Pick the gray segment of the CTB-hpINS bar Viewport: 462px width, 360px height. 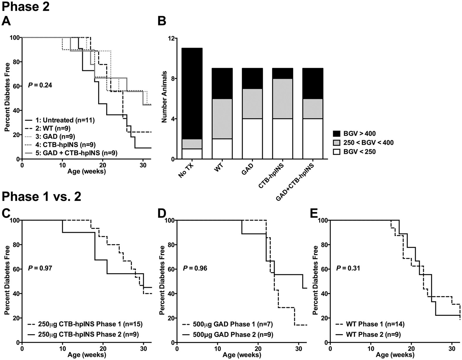coord(282,99)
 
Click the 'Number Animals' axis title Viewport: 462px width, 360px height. coord(165,97)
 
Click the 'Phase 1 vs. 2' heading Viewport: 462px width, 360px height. coord(41,197)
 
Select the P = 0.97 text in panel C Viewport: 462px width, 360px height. coord(40,268)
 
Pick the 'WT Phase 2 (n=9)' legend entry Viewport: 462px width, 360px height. coord(373,334)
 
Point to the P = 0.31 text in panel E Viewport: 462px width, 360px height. coord(348,268)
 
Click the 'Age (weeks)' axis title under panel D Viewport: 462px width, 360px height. coord(242,355)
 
